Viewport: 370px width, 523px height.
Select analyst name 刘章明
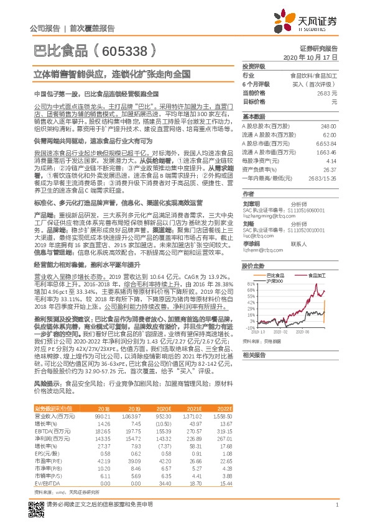coord(251,203)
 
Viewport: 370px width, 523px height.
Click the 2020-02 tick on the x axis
coord(285,332)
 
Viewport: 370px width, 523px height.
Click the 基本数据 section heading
coord(254,117)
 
